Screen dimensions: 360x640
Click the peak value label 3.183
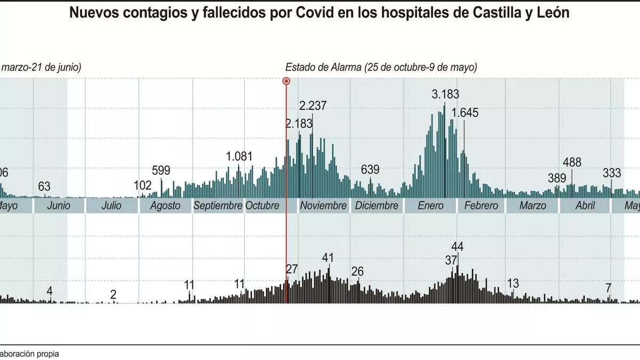(x=445, y=95)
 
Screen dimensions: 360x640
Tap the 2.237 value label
(x=314, y=106)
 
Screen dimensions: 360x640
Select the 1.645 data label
(x=465, y=113)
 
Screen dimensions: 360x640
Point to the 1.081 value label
(x=239, y=157)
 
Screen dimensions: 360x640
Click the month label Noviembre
(x=323, y=205)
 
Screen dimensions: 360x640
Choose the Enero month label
(x=431, y=205)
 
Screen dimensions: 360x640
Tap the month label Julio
(x=111, y=205)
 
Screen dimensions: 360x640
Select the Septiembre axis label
(x=218, y=205)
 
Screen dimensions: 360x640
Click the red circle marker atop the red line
(x=286, y=81)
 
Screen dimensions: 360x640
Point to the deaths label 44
(x=458, y=246)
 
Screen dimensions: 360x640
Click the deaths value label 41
(x=328, y=258)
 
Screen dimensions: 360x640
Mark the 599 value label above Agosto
(x=161, y=171)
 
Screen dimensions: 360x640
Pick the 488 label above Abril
(x=572, y=163)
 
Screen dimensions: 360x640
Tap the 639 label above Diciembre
(x=370, y=170)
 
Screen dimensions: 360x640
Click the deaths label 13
(x=513, y=283)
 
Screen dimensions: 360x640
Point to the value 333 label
(x=612, y=173)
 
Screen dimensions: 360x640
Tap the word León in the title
(x=553, y=13)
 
